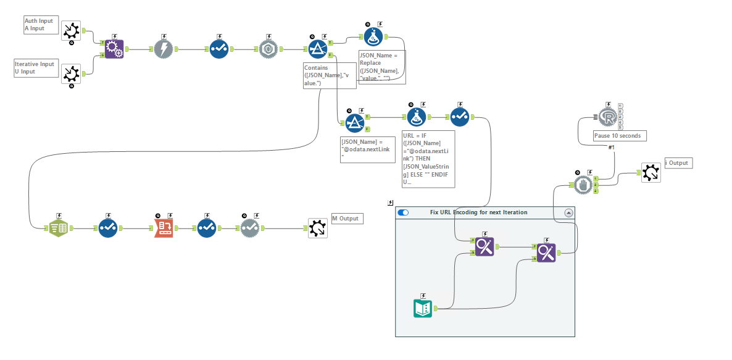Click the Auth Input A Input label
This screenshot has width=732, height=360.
point(39,24)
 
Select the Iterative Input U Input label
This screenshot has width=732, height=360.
point(35,67)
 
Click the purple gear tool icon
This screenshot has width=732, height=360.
point(114,49)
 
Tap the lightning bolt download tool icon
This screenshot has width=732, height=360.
point(163,49)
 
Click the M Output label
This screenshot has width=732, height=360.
point(344,219)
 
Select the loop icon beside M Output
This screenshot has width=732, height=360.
point(318,228)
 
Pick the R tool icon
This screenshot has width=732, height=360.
point(609,117)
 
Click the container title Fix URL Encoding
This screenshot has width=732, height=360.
point(478,212)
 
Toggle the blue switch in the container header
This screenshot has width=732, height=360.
point(404,212)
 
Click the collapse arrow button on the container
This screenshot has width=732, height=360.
point(568,212)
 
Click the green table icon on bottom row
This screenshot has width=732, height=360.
point(59,228)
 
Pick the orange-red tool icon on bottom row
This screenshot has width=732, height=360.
point(164,228)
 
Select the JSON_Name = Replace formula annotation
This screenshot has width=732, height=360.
point(381,67)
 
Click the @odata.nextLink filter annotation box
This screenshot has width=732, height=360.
point(367,149)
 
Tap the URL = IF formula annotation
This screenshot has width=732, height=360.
point(428,158)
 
